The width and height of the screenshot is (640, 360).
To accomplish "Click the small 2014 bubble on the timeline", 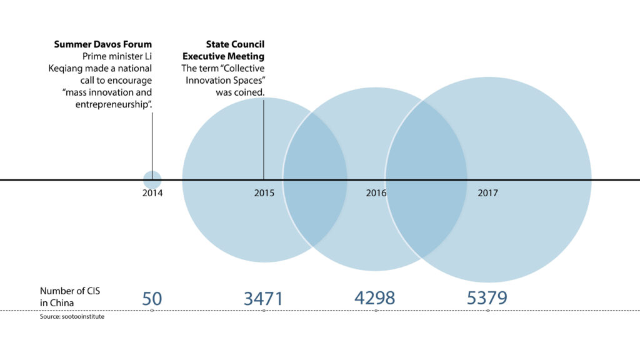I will pos(152,179).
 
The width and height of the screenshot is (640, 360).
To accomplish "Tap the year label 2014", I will pos(152,194).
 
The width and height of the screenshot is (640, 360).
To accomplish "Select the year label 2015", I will pos(264,194).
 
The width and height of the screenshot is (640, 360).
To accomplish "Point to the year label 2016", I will pos(376,194).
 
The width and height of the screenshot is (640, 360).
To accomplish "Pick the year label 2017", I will pos(488,194).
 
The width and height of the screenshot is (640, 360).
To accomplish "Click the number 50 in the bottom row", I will pos(152,298).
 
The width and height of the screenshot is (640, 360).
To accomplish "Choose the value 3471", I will pos(263,298).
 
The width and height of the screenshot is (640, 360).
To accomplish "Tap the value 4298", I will pos(375,298).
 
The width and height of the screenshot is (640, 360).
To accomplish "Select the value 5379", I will pos(487,298).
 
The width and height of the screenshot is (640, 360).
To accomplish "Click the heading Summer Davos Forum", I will pos(103,44).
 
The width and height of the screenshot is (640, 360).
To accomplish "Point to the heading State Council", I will pos(236,44).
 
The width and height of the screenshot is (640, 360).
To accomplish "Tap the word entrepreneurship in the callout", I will pos(112,104).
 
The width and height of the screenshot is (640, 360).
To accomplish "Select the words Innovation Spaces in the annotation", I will pos(226,80).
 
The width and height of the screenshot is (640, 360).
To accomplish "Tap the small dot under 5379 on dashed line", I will pos(488,311).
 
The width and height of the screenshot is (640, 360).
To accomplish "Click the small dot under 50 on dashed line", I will pos(152,311).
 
